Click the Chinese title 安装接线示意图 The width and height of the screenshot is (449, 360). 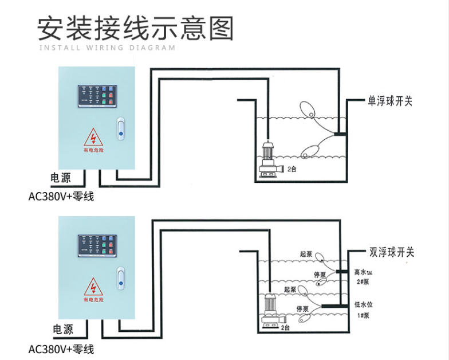(136, 27)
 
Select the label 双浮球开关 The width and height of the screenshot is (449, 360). (391, 252)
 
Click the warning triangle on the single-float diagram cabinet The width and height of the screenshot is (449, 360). (93, 138)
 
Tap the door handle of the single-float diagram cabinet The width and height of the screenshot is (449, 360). (120, 128)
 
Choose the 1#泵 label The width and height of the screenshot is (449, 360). (363, 315)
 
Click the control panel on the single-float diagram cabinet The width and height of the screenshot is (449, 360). (97, 95)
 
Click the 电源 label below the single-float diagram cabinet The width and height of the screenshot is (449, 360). (61, 178)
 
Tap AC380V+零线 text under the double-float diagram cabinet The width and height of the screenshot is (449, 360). (61, 349)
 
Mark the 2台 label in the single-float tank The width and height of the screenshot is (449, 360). (292, 170)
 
